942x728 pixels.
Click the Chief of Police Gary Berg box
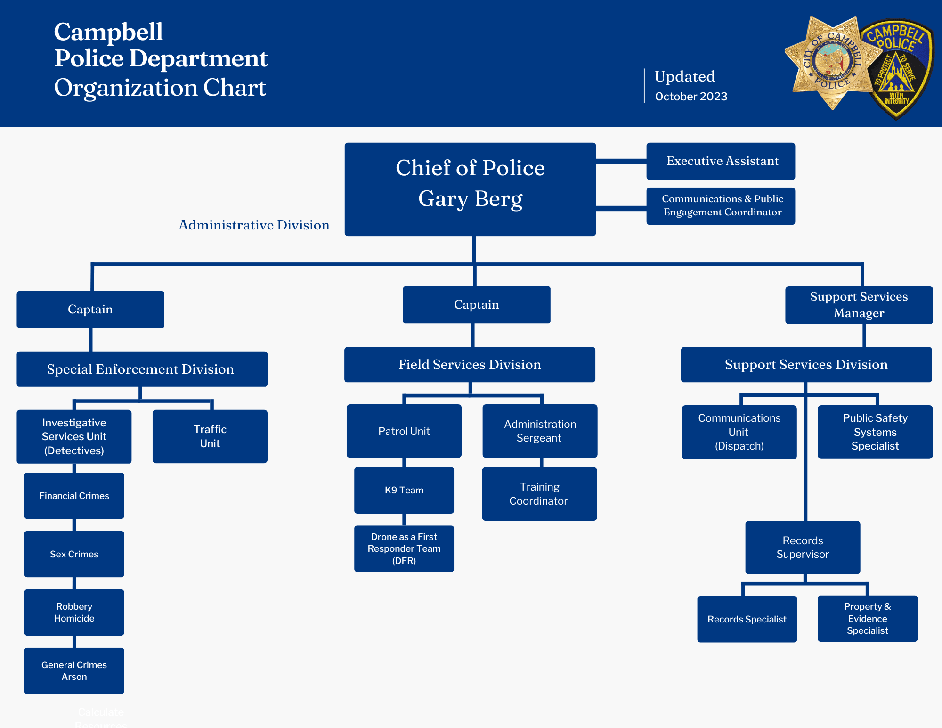(470, 189)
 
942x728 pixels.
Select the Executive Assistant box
(721, 161)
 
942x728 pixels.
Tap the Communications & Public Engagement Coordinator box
(721, 206)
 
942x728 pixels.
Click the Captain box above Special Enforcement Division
(90, 310)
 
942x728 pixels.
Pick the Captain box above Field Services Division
(476, 305)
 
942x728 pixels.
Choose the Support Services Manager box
(859, 305)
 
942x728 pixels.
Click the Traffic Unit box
(210, 436)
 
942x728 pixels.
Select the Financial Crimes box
(74, 496)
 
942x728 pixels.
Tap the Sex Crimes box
(74, 554)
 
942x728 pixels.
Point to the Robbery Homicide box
(74, 613)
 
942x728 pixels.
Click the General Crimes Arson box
(74, 671)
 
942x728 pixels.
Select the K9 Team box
(404, 490)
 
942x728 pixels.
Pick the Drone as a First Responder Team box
(404, 548)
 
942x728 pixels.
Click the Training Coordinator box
(539, 494)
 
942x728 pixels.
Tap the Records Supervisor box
(803, 547)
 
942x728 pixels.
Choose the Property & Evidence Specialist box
(867, 619)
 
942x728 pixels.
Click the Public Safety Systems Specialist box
(875, 432)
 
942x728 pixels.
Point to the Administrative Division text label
(254, 225)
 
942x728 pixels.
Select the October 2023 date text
(691, 97)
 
